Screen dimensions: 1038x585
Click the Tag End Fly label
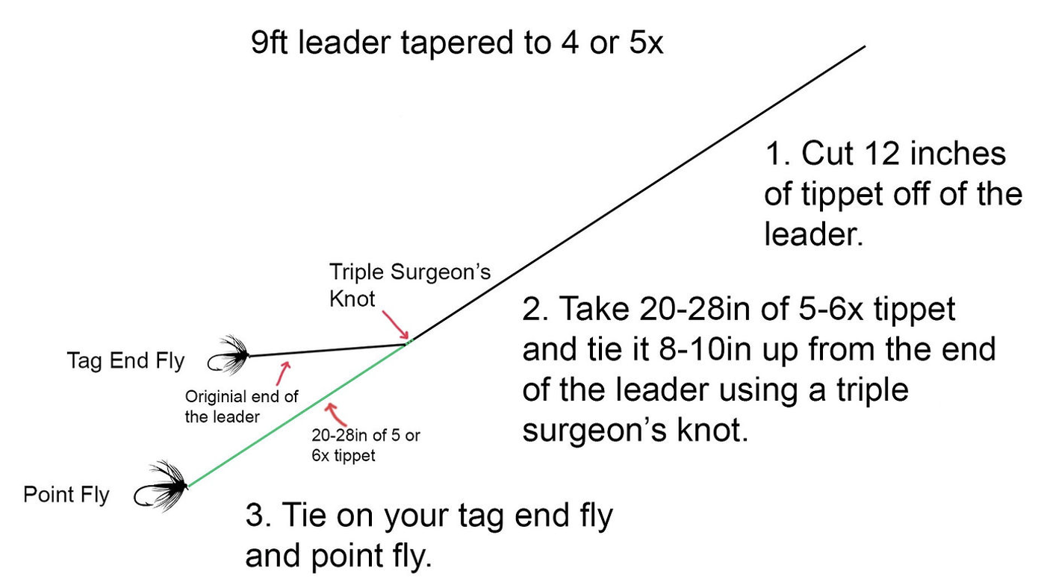[x=125, y=361]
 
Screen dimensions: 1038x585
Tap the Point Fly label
[x=66, y=495]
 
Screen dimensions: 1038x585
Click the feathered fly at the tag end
[x=232, y=354]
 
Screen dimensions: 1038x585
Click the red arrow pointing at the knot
[x=395, y=327]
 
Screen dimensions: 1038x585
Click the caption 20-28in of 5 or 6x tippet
[x=365, y=445]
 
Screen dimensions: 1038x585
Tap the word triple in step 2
[x=867, y=390]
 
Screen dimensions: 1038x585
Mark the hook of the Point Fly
[x=143, y=495]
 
